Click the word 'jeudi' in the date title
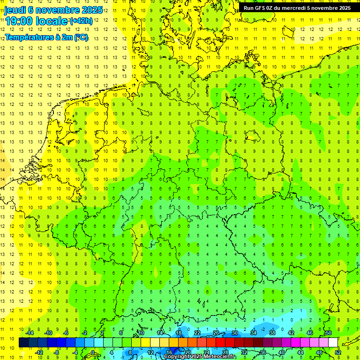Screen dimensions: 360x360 (15, 9)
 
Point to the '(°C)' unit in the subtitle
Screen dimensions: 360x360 (80, 37)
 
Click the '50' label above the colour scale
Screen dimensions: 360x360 (328, 333)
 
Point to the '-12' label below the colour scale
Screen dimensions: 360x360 (39, 352)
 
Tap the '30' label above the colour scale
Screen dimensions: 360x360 (235, 333)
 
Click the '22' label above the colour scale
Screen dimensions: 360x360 (197, 333)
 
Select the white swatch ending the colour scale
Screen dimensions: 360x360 (333, 342)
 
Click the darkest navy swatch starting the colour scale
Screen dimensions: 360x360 (23, 342)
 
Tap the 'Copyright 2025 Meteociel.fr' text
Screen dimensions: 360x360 (200, 357)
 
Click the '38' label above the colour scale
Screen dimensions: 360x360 (272, 333)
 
